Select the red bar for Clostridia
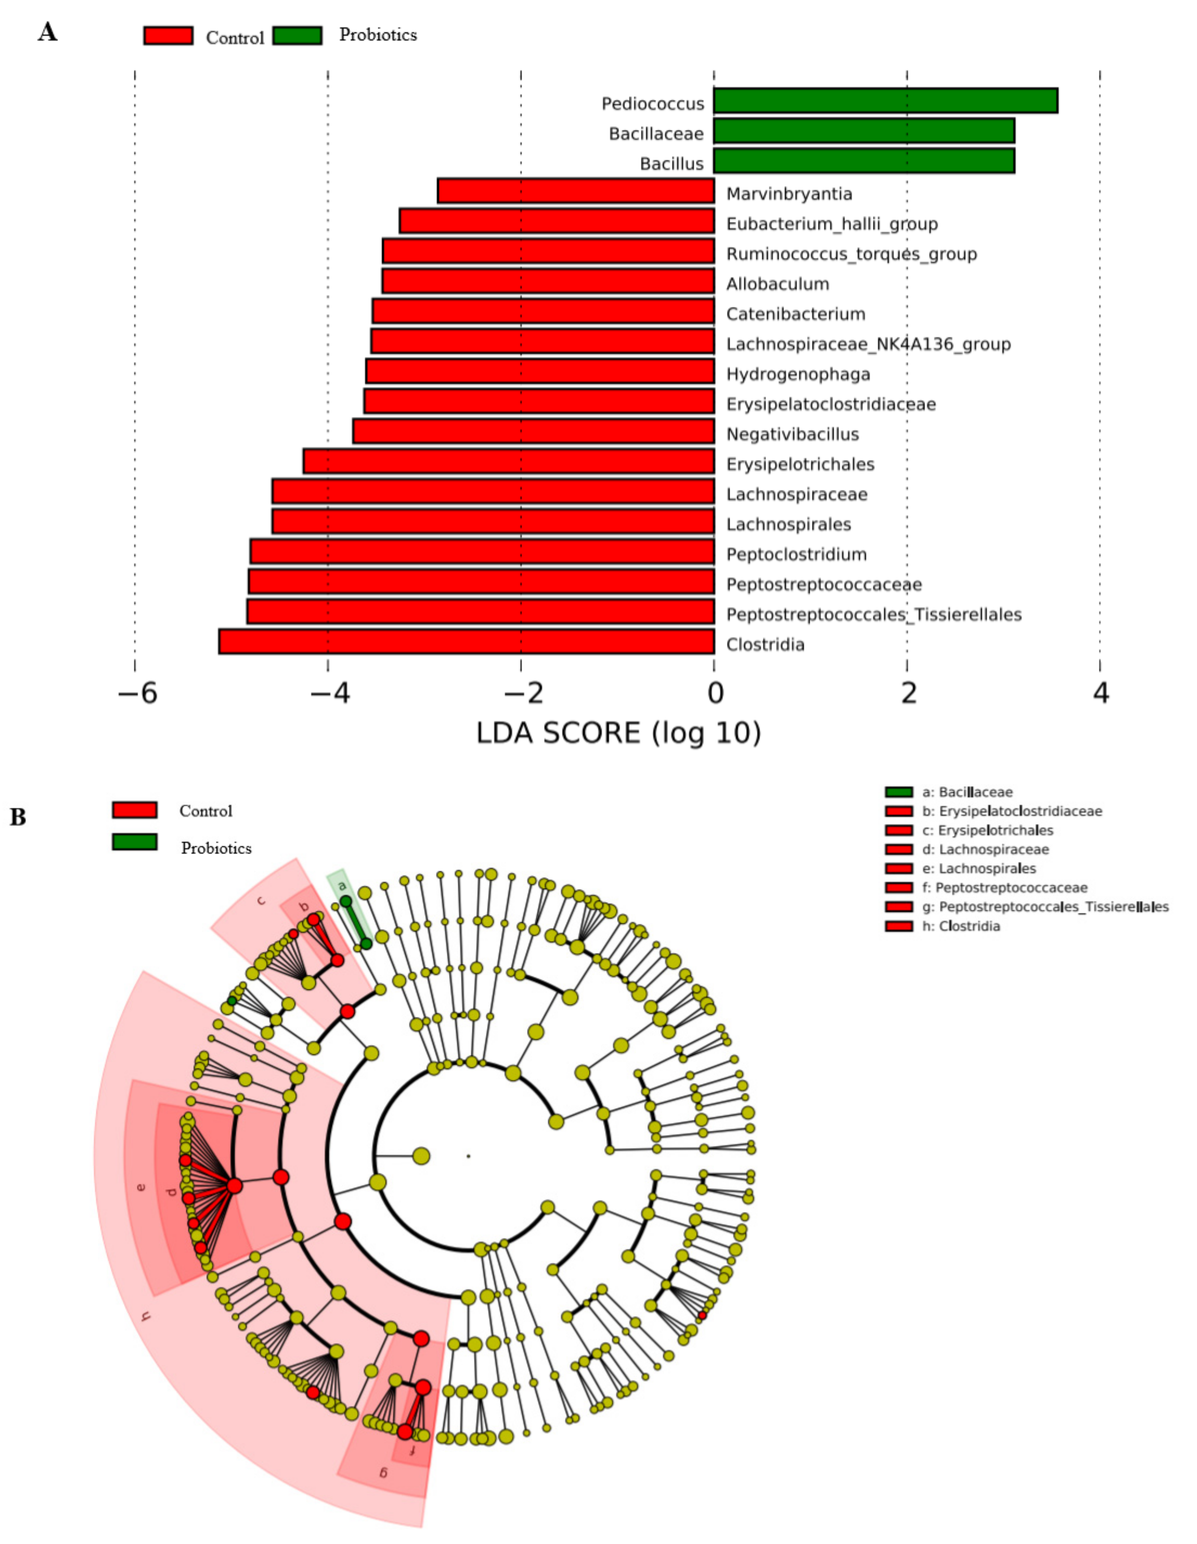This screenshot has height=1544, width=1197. click(466, 641)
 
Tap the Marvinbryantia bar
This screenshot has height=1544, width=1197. click(576, 191)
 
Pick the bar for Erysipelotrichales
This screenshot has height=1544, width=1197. click(508, 461)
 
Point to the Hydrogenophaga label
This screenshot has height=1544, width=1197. click(797, 374)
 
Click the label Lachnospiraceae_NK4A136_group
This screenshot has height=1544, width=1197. click(868, 344)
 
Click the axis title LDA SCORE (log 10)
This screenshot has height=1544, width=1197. click(618, 733)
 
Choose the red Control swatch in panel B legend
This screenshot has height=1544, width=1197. click(134, 809)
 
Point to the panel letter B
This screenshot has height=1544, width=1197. click(18, 817)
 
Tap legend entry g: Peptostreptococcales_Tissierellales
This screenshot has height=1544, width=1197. click(1045, 906)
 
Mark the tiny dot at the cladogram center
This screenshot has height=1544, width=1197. click(468, 1156)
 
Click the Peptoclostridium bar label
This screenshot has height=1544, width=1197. click(796, 554)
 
